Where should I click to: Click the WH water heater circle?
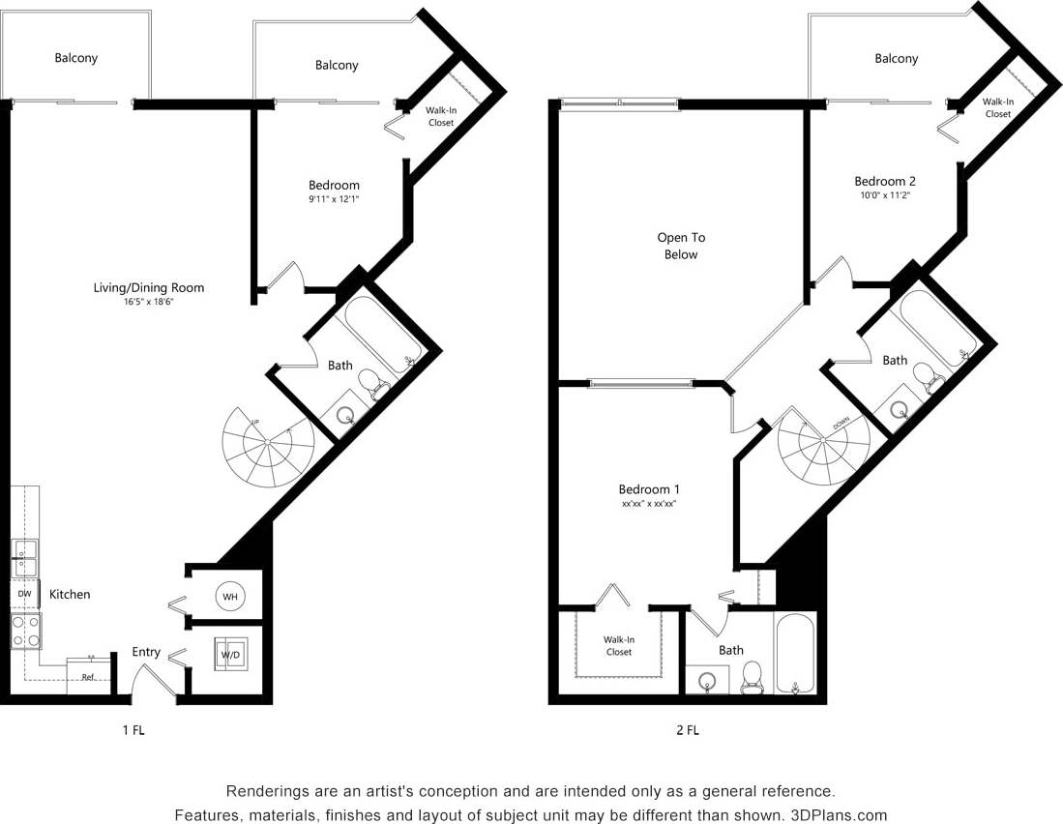pyautogui.click(x=230, y=597)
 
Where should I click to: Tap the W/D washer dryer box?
pyautogui.click(x=231, y=655)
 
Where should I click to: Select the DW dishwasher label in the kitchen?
pyautogui.click(x=24, y=594)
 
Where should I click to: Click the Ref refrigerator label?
pyautogui.click(x=87, y=677)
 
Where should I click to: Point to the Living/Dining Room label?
pyautogui.click(x=148, y=287)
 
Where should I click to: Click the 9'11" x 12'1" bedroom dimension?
pyautogui.click(x=334, y=199)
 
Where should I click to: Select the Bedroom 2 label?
pyautogui.click(x=884, y=181)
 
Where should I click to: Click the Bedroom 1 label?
pyautogui.click(x=648, y=489)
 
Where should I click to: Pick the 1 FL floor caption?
pyautogui.click(x=133, y=730)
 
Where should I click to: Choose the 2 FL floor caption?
pyautogui.click(x=687, y=730)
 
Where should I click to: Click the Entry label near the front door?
pyautogui.click(x=146, y=652)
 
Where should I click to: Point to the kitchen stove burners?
pyautogui.click(x=26, y=630)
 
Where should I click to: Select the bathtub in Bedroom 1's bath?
pyautogui.click(x=795, y=653)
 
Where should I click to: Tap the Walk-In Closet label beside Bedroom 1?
pyautogui.click(x=619, y=645)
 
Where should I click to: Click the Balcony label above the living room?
pyautogui.click(x=75, y=58)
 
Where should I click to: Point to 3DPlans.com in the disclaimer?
pyautogui.click(x=838, y=814)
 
